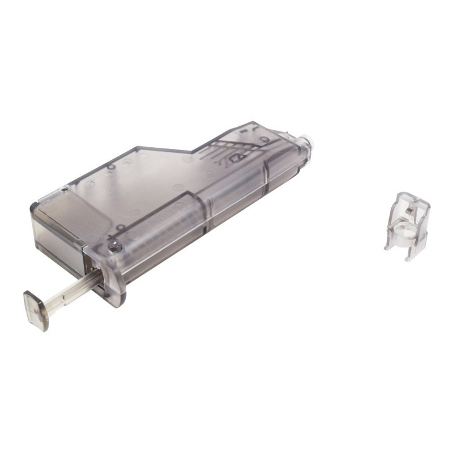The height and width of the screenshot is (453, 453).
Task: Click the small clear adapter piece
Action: click(x=407, y=221)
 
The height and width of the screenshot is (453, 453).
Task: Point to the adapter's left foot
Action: click(x=388, y=245)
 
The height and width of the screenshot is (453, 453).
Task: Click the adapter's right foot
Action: click(x=409, y=256)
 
